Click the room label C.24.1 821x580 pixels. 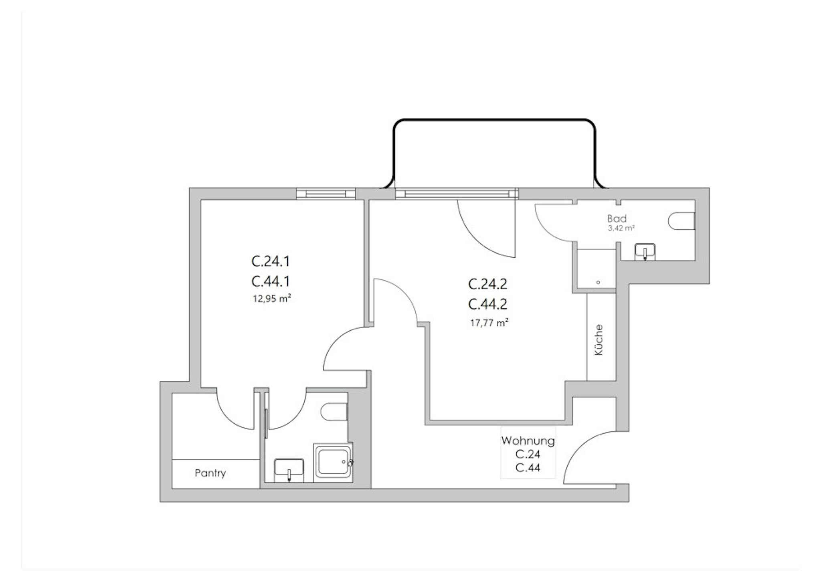coord(271,261)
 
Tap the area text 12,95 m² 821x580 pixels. coord(271,299)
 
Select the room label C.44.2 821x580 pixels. coord(487,304)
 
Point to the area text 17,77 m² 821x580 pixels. coord(489,323)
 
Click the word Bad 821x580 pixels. coord(617,219)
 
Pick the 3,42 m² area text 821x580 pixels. coord(621,228)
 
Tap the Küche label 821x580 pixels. coord(599,340)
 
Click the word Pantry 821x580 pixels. coord(210,473)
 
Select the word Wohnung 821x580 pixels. coord(528,441)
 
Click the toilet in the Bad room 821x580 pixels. coord(681,221)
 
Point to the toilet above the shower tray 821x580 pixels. coord(334,412)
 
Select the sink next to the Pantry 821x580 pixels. coord(289,471)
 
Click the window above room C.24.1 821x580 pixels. coord(326,194)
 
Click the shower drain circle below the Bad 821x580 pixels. coord(598,282)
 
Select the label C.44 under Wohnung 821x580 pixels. coord(528,468)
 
